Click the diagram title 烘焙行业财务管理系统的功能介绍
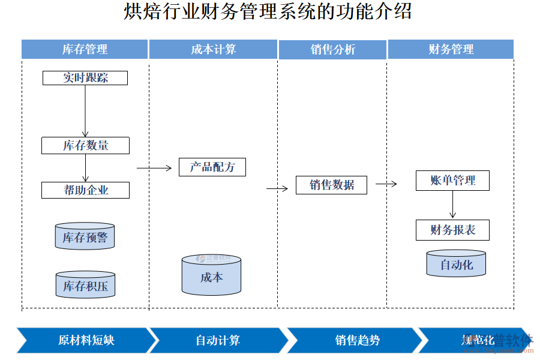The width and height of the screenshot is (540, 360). (268, 12)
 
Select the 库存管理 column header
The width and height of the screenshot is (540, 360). (85, 49)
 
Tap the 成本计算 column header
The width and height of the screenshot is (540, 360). (213, 49)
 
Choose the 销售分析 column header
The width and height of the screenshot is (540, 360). (332, 49)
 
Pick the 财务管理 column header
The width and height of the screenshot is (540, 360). (451, 49)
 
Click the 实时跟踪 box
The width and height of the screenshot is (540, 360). (85, 78)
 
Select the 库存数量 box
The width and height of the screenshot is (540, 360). (85, 145)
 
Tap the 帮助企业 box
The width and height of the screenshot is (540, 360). (85, 190)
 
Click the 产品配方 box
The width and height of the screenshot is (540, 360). (212, 167)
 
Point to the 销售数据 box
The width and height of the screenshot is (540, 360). (331, 185)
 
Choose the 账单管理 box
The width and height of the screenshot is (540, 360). (452, 181)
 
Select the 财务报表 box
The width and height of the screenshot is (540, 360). (452, 230)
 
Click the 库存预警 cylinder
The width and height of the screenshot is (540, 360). (85, 237)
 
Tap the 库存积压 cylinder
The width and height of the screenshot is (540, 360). (85, 286)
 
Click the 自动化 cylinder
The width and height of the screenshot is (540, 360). (456, 264)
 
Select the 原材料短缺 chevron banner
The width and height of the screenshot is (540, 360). (84, 340)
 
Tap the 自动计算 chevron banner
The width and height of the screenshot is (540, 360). (217, 340)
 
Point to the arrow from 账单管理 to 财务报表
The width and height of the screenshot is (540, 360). (452, 205)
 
